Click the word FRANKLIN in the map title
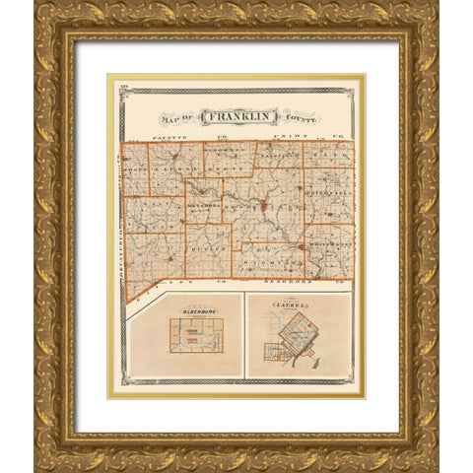pos(237,116)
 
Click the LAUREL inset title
pos(297,306)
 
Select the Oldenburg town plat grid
pos(196,335)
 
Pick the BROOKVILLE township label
pos(258,213)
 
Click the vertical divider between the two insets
pos(244,335)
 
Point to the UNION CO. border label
pos(298,134)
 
